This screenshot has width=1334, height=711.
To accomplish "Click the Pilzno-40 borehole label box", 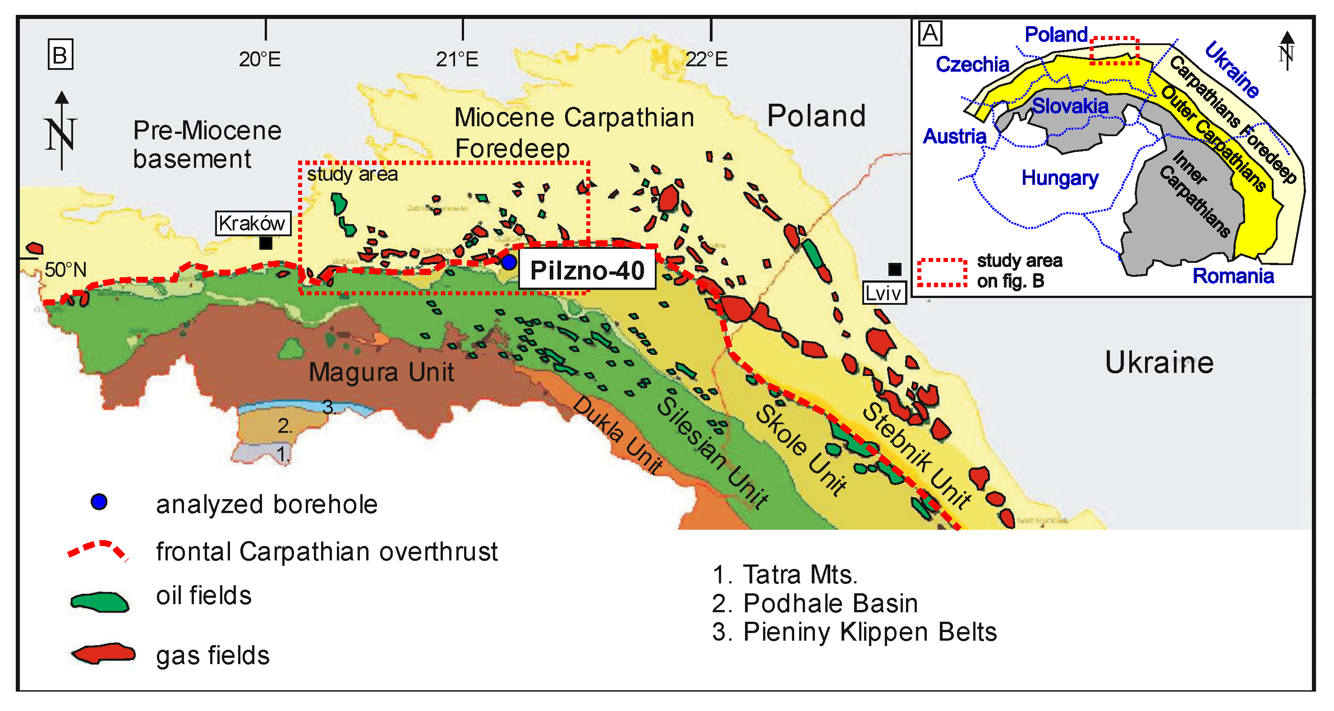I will (587, 271).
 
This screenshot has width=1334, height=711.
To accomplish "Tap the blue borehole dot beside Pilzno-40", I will (509, 262).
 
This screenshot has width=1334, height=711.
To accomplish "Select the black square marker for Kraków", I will (266, 243).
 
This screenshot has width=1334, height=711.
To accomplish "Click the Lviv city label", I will (883, 293).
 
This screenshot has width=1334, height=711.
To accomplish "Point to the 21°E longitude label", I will (457, 60).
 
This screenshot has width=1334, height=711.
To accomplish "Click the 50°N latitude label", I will (65, 269).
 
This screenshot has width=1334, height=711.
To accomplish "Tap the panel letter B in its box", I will (60, 55).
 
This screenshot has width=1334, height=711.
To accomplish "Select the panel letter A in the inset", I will (930, 34).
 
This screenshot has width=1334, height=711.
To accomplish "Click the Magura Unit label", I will (381, 372).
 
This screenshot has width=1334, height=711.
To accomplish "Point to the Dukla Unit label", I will (617, 435).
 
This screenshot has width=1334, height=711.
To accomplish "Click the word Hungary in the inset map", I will (1059, 178).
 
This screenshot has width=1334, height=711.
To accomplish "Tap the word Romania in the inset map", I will (1233, 276).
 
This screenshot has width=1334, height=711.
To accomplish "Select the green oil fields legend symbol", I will (99, 602).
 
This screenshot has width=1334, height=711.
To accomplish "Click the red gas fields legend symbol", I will (104, 654).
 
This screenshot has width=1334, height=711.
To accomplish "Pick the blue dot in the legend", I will (99, 501).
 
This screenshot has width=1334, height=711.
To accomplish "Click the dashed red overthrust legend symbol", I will (97, 550).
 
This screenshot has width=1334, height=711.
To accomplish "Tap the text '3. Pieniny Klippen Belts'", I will (854, 632).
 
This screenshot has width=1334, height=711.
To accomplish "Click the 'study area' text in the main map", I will (352, 174).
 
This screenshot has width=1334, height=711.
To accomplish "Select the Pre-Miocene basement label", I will (207, 144).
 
